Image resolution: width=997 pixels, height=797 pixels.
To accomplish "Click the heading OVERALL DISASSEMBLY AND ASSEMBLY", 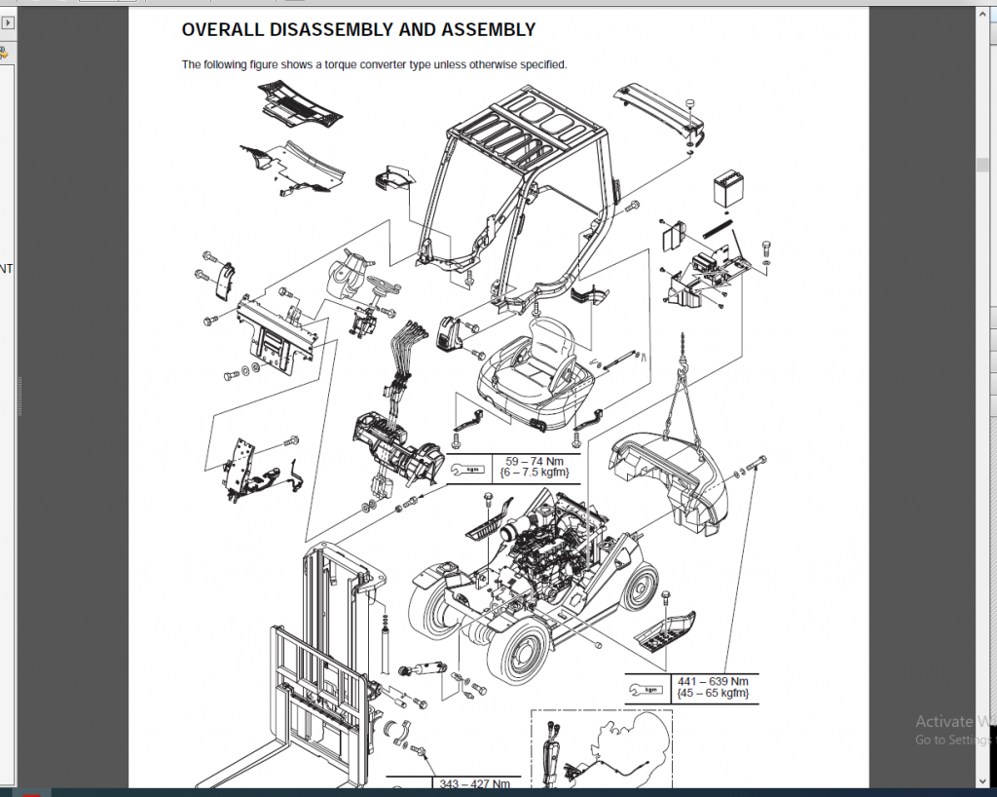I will pyautogui.click(x=358, y=30).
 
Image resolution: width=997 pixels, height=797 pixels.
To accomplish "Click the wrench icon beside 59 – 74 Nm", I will pyautogui.click(x=472, y=469).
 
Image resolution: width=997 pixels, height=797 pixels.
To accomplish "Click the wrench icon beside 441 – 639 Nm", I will pyautogui.click(x=646, y=688).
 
